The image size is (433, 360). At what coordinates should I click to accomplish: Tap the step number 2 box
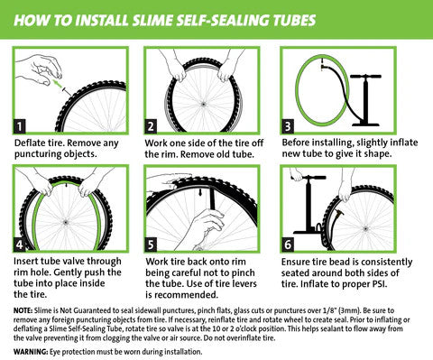pos(152,125)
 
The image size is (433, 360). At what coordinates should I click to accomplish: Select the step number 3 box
pos(288,125)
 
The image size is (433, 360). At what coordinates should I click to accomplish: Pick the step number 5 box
pos(152,244)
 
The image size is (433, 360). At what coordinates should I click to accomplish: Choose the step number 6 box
pos(288,244)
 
